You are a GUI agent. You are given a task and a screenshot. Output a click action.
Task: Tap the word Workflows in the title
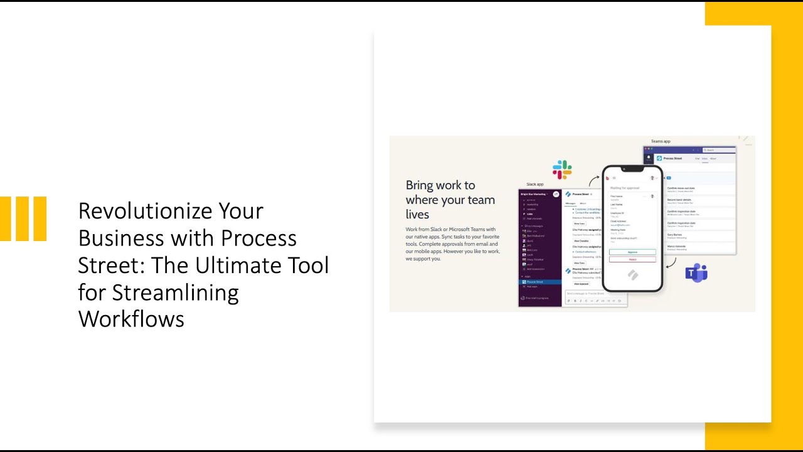pos(131,319)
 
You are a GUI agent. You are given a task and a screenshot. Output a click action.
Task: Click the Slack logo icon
pos(562,169)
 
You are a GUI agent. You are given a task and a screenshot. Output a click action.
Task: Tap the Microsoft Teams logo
pos(696,273)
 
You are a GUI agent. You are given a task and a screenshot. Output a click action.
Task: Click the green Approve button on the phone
pos(632,252)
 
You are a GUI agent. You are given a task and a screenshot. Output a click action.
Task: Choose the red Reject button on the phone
pos(632,259)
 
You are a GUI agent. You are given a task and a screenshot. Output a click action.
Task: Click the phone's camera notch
pos(632,169)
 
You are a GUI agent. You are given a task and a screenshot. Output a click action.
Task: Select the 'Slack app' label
pos(534,184)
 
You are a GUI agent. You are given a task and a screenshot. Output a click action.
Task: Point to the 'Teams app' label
pos(661,142)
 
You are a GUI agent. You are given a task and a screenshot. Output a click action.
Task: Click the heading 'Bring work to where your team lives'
pos(450,200)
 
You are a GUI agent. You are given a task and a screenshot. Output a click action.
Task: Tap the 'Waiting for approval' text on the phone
pos(624,188)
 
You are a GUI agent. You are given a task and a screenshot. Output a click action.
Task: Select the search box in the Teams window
pos(717,150)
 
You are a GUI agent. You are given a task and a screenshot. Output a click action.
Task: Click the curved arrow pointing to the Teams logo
pos(671,262)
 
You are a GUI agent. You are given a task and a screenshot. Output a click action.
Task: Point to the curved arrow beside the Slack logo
pos(593,180)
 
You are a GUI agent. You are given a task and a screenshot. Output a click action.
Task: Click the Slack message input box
pos(595,293)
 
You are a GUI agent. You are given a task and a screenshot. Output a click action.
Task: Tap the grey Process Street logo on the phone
pos(632,275)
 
